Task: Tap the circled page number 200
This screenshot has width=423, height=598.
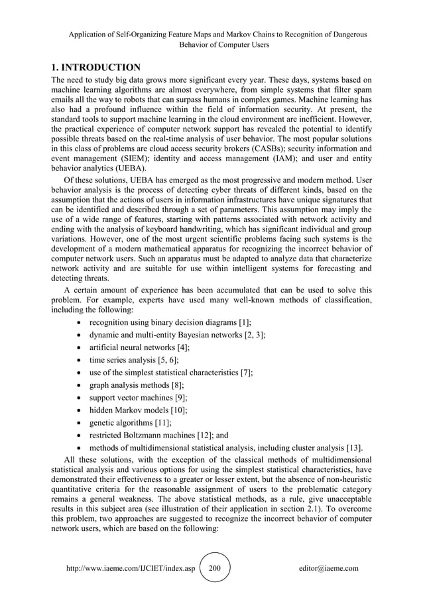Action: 215,568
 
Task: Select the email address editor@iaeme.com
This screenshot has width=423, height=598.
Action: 329,568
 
